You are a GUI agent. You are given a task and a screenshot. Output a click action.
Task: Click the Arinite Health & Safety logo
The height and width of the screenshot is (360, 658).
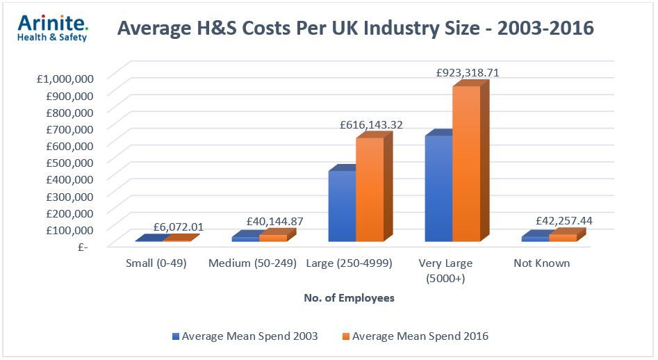pyautogui.click(x=52, y=28)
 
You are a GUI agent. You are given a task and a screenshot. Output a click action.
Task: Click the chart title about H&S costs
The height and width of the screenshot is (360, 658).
pyautogui.click(x=355, y=28)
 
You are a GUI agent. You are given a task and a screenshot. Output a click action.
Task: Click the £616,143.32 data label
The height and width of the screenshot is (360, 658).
pyautogui.click(x=371, y=125)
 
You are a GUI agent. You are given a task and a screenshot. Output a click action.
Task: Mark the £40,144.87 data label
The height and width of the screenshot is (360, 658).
pyautogui.click(x=275, y=222)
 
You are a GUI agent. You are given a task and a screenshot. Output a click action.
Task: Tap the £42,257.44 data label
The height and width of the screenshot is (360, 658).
pyautogui.click(x=564, y=221)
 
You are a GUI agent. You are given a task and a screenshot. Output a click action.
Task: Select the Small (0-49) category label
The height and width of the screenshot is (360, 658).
pyautogui.click(x=156, y=263)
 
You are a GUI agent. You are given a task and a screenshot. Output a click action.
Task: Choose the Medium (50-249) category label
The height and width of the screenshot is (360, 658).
pyautogui.click(x=252, y=263)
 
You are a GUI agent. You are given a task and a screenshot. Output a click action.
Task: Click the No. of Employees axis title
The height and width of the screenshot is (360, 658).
pyautogui.click(x=349, y=298)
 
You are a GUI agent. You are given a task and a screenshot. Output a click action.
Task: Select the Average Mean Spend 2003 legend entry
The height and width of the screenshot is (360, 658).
pyautogui.click(x=245, y=336)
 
